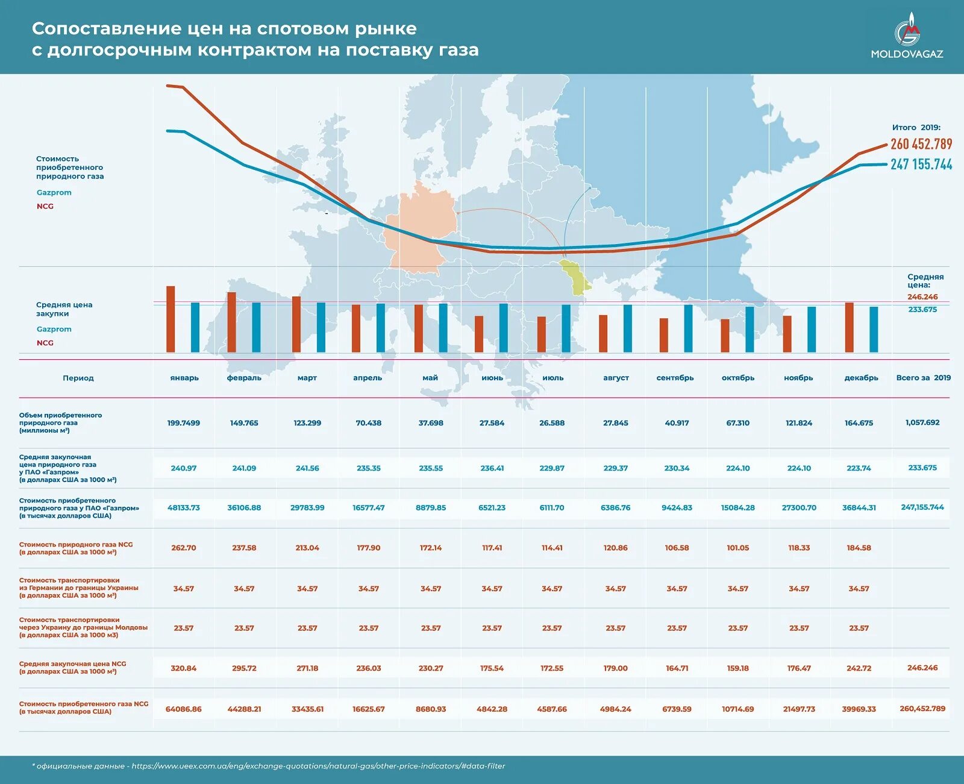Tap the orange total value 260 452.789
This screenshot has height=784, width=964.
point(921,144)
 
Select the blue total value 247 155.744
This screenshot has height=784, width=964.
point(921,165)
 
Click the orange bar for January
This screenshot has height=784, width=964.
point(171,319)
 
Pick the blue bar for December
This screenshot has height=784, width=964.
point(874,330)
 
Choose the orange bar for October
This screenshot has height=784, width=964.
point(725,336)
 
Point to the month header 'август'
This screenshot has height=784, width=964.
point(616,378)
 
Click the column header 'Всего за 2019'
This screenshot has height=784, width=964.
point(923,378)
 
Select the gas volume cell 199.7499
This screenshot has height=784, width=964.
point(184,423)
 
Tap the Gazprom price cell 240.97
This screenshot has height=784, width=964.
point(184,468)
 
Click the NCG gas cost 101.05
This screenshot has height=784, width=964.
point(737,548)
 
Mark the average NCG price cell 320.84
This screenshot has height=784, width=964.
point(184,668)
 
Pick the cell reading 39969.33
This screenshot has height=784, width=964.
point(859,709)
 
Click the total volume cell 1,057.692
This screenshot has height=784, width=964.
point(922,422)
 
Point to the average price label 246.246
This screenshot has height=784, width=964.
point(922,297)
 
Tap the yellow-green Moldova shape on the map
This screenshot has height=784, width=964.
point(574,277)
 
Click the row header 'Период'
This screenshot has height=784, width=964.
point(78,378)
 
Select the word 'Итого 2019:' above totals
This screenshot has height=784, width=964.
point(916,128)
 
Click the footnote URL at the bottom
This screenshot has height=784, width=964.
point(318,767)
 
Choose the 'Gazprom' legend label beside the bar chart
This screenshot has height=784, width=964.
point(54,329)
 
